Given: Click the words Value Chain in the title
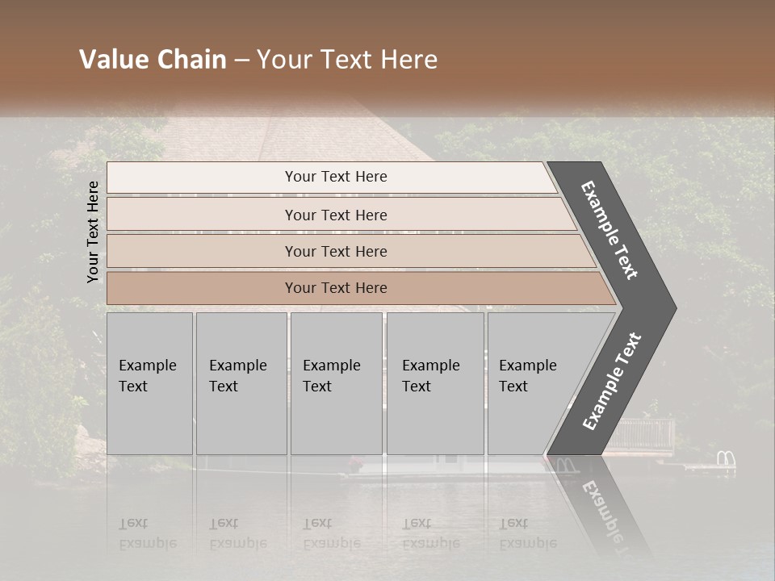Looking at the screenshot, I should (153, 60).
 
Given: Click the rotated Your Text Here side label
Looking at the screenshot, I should (93, 232).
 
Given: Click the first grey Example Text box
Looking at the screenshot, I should (149, 383).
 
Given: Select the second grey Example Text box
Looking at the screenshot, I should (241, 383).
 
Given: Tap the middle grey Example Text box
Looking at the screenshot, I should (336, 383).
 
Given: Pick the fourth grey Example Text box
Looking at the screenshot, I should (434, 383).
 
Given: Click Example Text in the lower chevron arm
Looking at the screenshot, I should (612, 382).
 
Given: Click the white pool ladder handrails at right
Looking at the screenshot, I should (726, 460).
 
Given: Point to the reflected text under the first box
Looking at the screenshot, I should (148, 533).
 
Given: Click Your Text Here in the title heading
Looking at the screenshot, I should (347, 60).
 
